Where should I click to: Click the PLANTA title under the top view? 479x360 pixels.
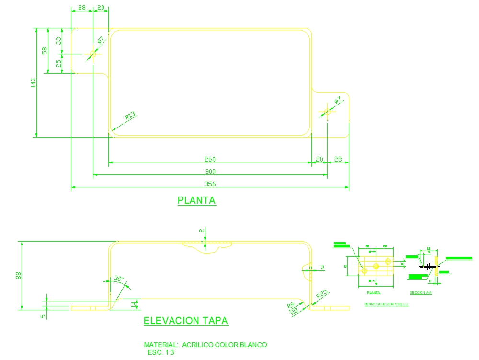pos(197,200)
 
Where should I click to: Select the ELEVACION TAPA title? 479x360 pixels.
pos(186,321)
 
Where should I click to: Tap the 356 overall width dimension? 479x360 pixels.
pos(210,184)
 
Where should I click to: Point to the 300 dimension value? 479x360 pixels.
pos(210,171)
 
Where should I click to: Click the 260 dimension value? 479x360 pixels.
pos(210,159)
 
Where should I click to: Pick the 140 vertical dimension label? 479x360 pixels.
pos(33,82)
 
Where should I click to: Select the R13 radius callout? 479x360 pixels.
pos(130,116)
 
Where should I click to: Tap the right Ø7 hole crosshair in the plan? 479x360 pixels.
pos(327,112)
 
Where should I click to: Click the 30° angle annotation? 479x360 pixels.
pos(119,279)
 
